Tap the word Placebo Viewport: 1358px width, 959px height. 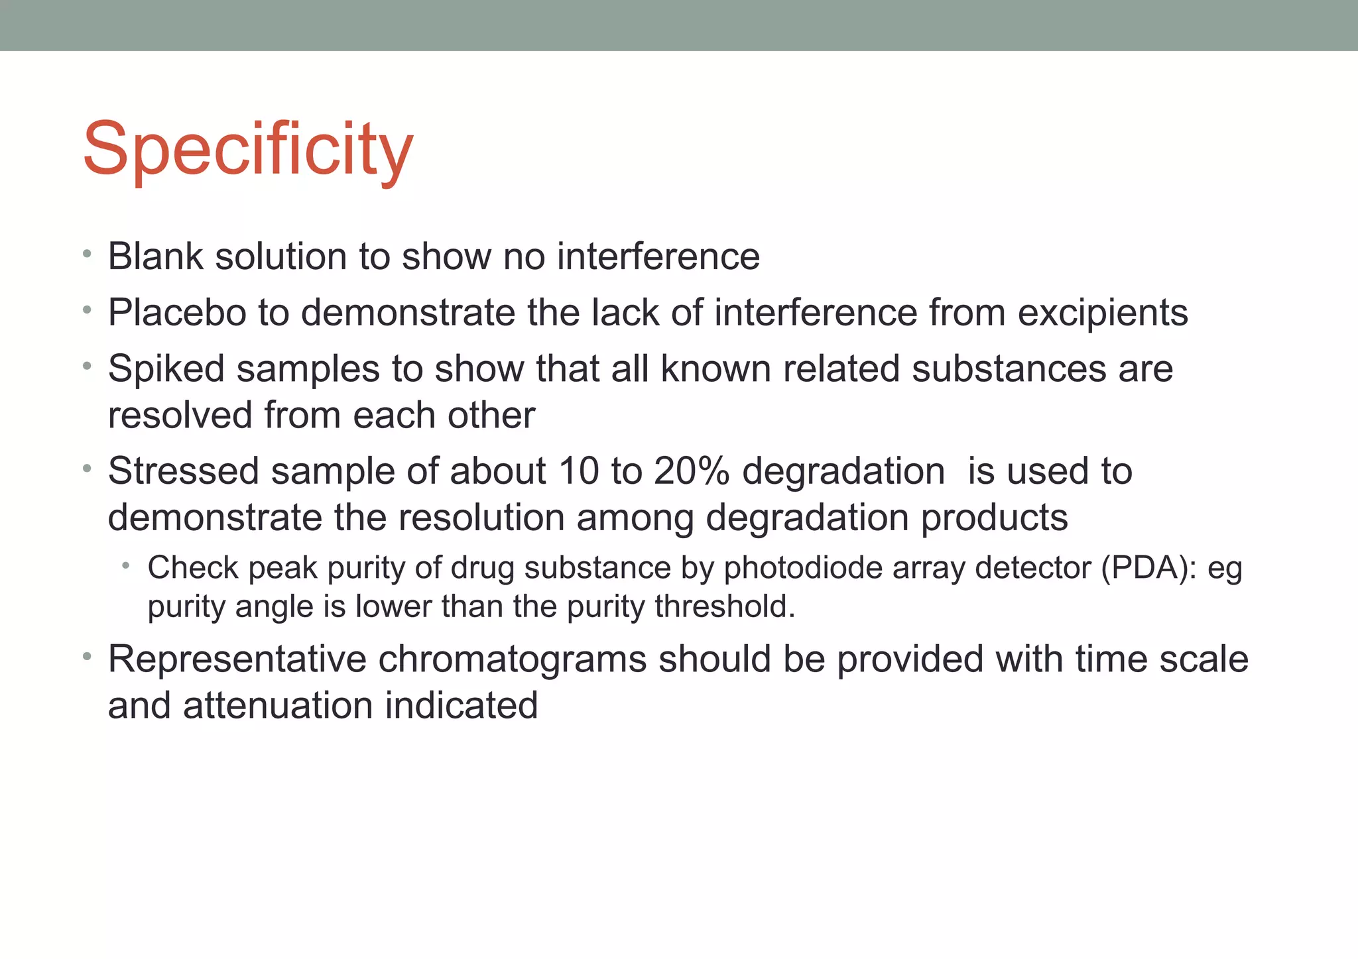coord(177,313)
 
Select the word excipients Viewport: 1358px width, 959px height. coord(1103,313)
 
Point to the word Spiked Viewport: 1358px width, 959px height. coord(166,368)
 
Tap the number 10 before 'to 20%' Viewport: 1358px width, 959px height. coord(578,471)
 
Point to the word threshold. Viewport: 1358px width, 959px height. coord(725,606)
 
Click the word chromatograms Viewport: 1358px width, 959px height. coord(512,659)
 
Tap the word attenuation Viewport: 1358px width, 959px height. coord(278,705)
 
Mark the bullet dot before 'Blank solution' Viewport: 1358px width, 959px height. coord(86,254)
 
